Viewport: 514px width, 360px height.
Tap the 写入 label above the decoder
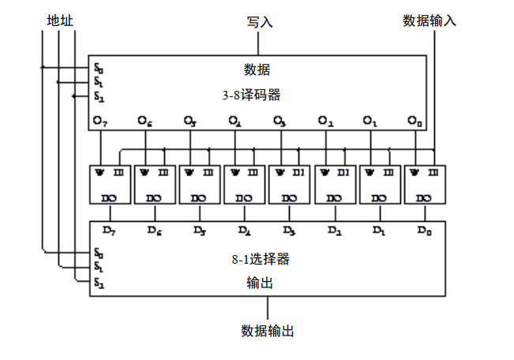point(260,22)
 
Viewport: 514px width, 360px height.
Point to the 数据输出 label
point(268,331)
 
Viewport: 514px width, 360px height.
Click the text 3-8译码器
point(252,96)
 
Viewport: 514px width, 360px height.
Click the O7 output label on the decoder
point(99,121)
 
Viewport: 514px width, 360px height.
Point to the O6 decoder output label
point(144,121)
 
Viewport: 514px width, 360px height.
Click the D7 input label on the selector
point(110,231)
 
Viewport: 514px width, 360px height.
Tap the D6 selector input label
point(155,231)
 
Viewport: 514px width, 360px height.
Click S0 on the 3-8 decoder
point(98,69)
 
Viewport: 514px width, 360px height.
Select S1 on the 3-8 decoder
point(98,82)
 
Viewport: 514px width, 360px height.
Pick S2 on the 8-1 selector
point(98,282)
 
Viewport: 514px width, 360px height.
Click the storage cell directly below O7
point(110,184)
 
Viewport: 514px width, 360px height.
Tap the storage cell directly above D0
point(425,184)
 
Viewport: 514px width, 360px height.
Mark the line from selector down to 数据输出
point(268,308)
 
